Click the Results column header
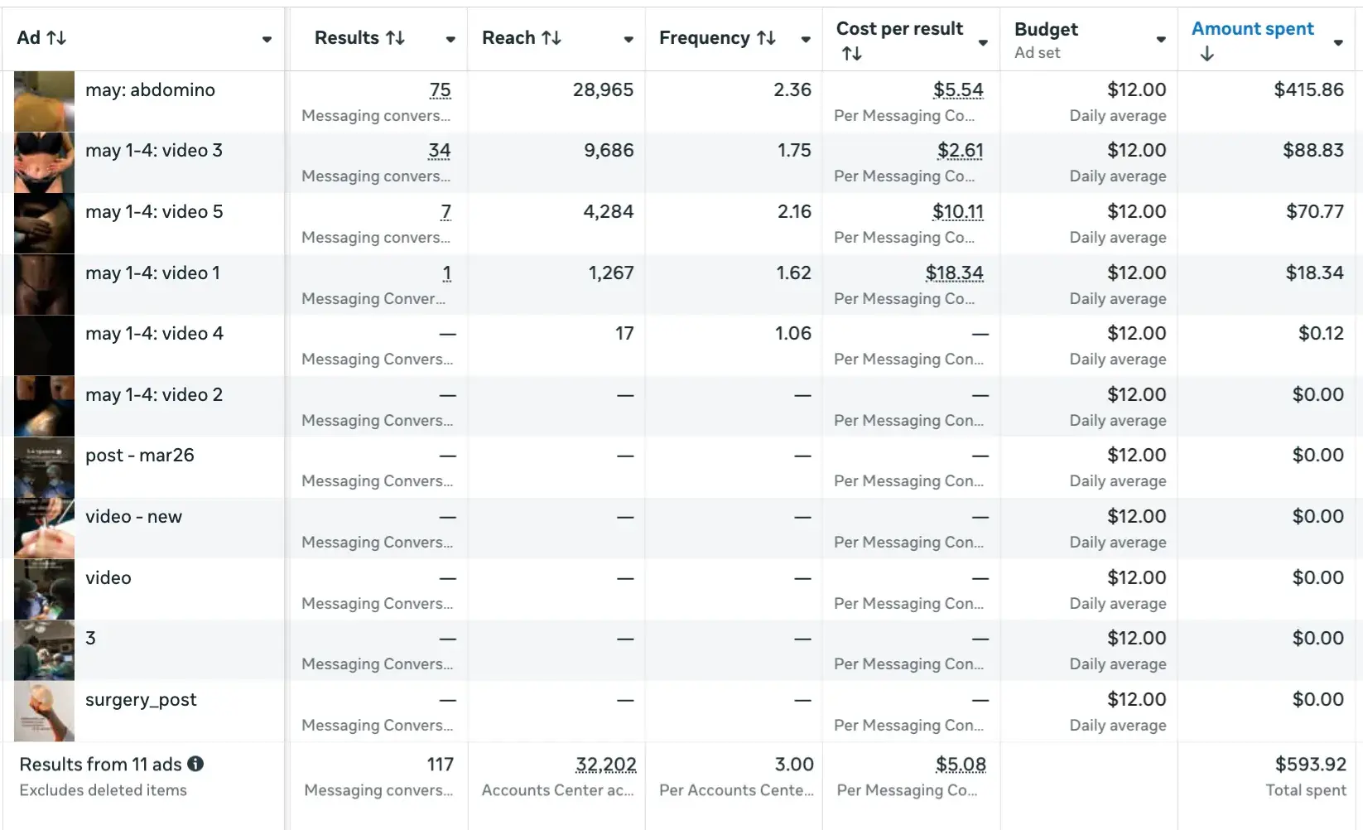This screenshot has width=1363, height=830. pos(347,38)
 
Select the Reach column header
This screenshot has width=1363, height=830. pos(508,38)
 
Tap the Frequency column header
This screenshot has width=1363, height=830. pos(705,38)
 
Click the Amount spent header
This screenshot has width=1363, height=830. pos(1252,29)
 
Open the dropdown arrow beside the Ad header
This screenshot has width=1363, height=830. pos(267,40)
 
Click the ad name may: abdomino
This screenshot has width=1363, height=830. pos(150,90)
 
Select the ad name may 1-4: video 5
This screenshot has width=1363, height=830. pos(154,212)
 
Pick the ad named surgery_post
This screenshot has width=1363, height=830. pos(141,700)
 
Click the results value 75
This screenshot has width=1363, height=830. pos(440,90)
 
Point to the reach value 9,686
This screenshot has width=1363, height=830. pos(609,151)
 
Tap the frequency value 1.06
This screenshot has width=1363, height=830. pos(792,334)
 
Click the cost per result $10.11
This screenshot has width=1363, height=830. pos(957,212)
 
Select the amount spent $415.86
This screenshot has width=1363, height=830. pos(1308,90)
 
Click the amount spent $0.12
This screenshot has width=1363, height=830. pos(1321,334)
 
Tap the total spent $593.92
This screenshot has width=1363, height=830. pos(1309,765)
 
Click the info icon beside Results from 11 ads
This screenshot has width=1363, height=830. pos(195,764)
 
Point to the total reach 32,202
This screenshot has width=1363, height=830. pos(605,765)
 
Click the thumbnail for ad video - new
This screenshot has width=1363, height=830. pos(44,528)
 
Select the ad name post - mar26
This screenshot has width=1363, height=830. pos(140,456)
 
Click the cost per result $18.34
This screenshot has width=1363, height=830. pos(954,273)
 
